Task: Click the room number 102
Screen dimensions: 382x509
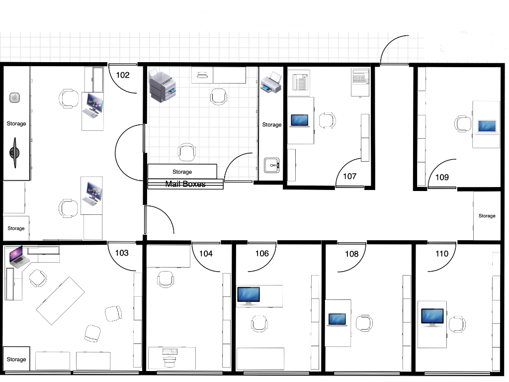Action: [x=123, y=75]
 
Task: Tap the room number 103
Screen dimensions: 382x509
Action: [x=122, y=253]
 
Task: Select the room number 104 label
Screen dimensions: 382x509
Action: [x=206, y=254]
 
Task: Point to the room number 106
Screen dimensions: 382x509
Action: [x=262, y=254]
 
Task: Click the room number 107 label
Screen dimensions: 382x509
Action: [x=350, y=176]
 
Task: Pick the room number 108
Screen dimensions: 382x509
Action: [x=351, y=254]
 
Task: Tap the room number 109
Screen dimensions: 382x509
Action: [x=442, y=177]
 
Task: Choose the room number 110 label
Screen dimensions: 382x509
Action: [x=441, y=254]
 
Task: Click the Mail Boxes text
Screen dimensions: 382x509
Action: [x=185, y=184]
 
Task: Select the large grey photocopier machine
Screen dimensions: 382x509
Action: [x=163, y=86]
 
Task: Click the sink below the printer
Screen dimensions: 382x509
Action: [x=272, y=165]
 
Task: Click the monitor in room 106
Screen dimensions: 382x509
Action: [x=248, y=295]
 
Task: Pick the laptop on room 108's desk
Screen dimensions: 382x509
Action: [x=338, y=319]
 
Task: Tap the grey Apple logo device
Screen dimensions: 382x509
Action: [x=14, y=97]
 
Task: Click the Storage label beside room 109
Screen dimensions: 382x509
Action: [x=487, y=216]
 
